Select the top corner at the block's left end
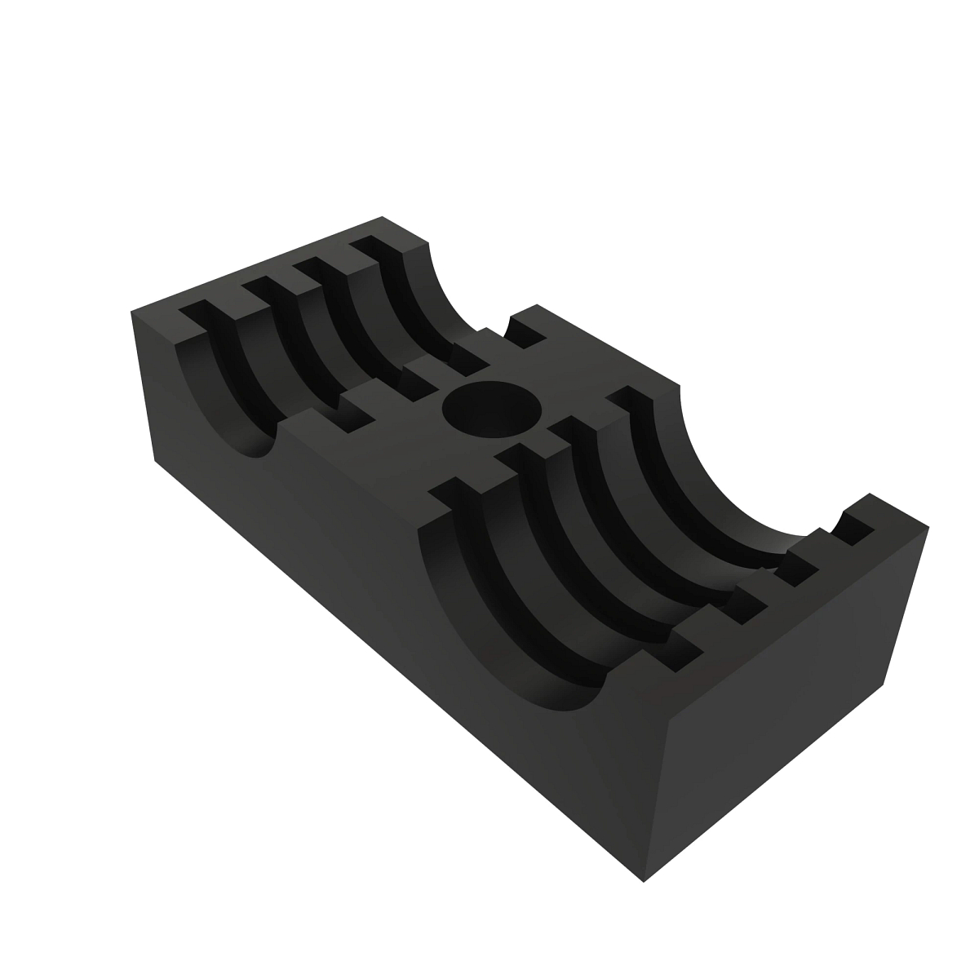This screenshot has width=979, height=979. click(x=132, y=310)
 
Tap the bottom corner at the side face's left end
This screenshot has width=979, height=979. click(x=155, y=461)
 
